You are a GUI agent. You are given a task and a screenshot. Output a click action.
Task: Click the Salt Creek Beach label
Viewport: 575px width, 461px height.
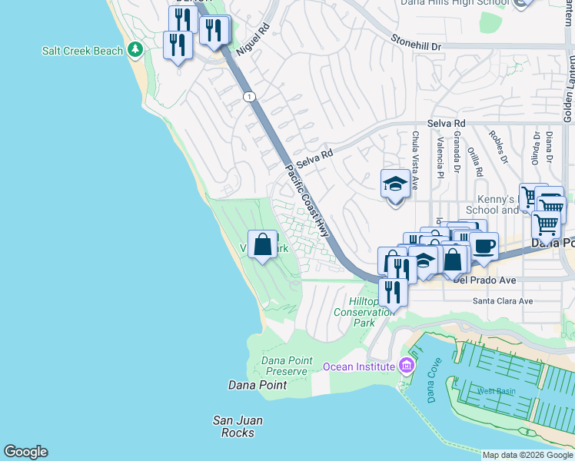pos(82,51)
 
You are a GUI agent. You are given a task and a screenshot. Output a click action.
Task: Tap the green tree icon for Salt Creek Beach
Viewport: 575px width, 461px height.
pos(136,51)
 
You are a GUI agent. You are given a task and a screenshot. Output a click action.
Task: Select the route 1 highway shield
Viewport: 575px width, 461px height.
pos(249,97)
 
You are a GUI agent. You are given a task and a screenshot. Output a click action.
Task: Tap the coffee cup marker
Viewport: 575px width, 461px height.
pos(484,247)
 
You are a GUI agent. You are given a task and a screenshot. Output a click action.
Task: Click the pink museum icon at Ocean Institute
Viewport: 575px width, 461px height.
pos(406,366)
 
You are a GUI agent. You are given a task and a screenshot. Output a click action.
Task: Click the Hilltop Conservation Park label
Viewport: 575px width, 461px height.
pos(364,312)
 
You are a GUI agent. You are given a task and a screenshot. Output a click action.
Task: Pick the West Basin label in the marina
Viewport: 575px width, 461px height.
pos(496,391)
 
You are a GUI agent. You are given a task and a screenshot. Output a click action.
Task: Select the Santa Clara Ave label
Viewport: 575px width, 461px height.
pos(502,301)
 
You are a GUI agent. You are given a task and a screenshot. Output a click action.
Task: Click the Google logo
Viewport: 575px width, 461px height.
pos(25,452)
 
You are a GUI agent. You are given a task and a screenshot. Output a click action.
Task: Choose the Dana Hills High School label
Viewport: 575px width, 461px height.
pos(454,3)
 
